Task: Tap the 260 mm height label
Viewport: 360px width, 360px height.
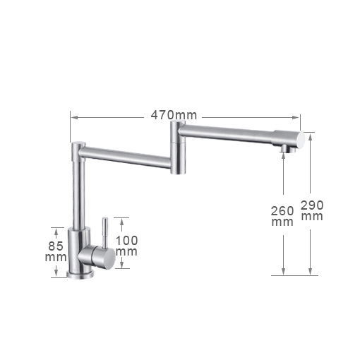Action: point(282,215)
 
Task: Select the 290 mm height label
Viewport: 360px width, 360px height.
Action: point(311,210)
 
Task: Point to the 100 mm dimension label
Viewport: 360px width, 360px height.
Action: point(126,246)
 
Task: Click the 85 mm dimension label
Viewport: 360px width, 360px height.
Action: point(55,251)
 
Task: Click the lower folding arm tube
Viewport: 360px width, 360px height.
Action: point(127,157)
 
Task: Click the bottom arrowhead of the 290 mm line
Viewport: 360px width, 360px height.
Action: point(310,272)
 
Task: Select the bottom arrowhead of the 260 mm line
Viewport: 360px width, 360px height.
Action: point(283,272)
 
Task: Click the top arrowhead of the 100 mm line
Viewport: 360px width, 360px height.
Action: point(121,220)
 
